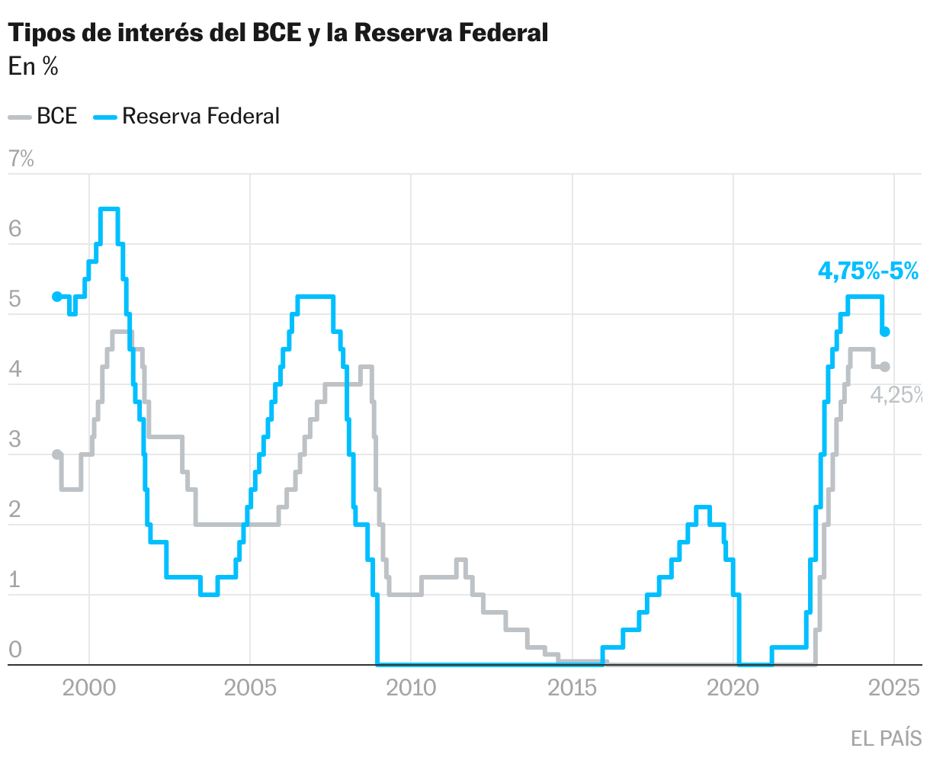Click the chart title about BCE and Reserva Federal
(278, 33)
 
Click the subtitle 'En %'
(34, 67)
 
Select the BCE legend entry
(44, 117)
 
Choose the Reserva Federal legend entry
(187, 117)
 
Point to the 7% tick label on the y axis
(21, 159)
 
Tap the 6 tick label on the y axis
(14, 230)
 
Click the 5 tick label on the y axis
(14, 300)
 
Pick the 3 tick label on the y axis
(14, 440)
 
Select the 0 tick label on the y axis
(14, 650)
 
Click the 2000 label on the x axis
(89, 688)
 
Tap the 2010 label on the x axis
(411, 688)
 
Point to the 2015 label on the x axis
(572, 688)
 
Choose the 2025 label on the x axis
(893, 688)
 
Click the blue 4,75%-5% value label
(868, 271)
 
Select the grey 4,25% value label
(897, 395)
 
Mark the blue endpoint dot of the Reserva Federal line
(885, 332)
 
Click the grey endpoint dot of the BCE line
(885, 367)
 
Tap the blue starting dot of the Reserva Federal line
(56, 297)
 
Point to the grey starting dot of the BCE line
(57, 454)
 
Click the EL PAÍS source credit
(886, 738)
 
